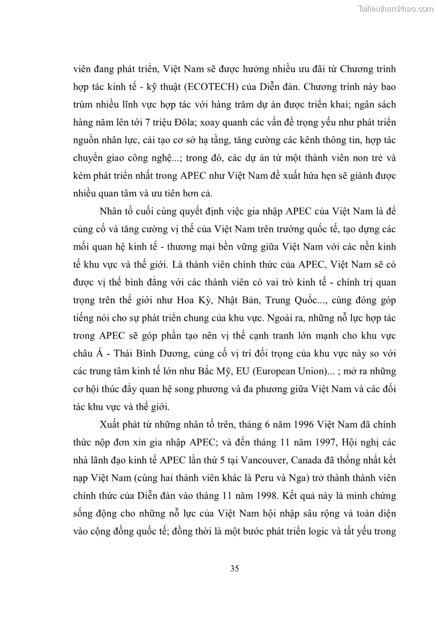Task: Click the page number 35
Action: click(234, 568)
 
